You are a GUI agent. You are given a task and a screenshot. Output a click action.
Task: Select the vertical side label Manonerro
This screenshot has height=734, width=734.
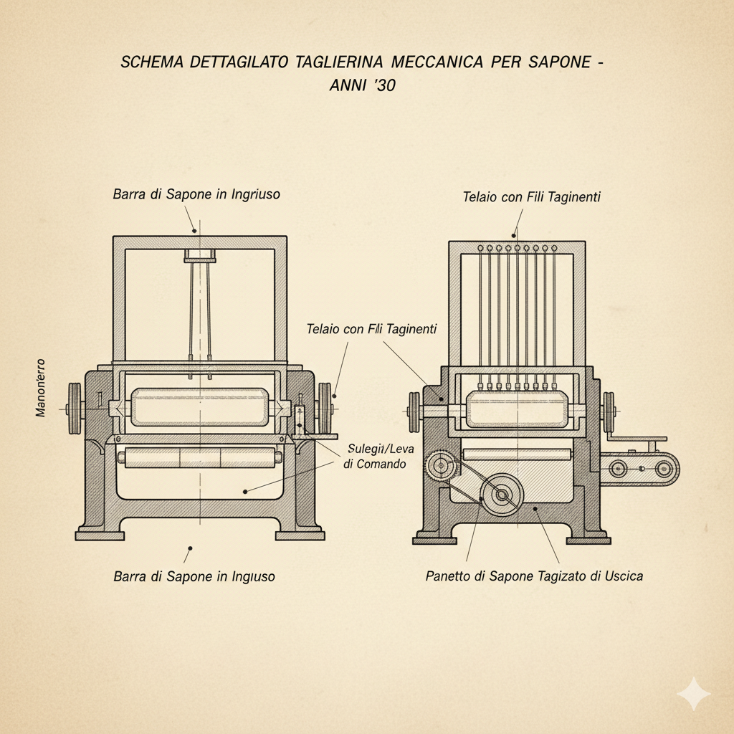click(x=40, y=388)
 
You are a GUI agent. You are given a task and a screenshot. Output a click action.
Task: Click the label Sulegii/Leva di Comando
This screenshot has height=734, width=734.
click(x=376, y=457)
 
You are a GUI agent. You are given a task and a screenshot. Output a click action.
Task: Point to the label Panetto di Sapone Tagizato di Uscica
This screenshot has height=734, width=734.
click(x=534, y=576)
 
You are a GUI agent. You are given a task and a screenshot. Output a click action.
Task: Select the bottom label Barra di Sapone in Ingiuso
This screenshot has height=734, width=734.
click(x=194, y=576)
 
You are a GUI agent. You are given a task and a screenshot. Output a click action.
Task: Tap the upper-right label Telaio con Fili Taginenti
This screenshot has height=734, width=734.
click(x=532, y=197)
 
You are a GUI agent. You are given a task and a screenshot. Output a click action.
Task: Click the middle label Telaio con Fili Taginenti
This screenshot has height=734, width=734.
click(x=371, y=329)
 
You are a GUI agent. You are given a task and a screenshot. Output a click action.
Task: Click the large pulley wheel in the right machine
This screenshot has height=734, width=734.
click(x=501, y=494)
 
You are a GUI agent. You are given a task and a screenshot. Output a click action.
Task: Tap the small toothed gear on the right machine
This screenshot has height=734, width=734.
click(x=439, y=468)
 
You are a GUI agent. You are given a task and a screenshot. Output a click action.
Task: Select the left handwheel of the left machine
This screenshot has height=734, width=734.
click(x=74, y=409)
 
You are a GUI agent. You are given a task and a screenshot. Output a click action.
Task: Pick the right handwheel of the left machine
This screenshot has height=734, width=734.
click(x=325, y=409)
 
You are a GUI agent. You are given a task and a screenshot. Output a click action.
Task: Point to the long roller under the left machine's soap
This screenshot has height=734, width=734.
click(x=201, y=457)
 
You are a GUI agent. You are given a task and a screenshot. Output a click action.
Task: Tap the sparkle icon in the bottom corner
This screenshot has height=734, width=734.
click(x=693, y=694)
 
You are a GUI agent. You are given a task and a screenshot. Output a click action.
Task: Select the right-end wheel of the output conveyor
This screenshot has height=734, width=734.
click(x=664, y=469)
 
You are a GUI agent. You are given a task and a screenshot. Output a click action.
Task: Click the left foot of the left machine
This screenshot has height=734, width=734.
click(x=99, y=534)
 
